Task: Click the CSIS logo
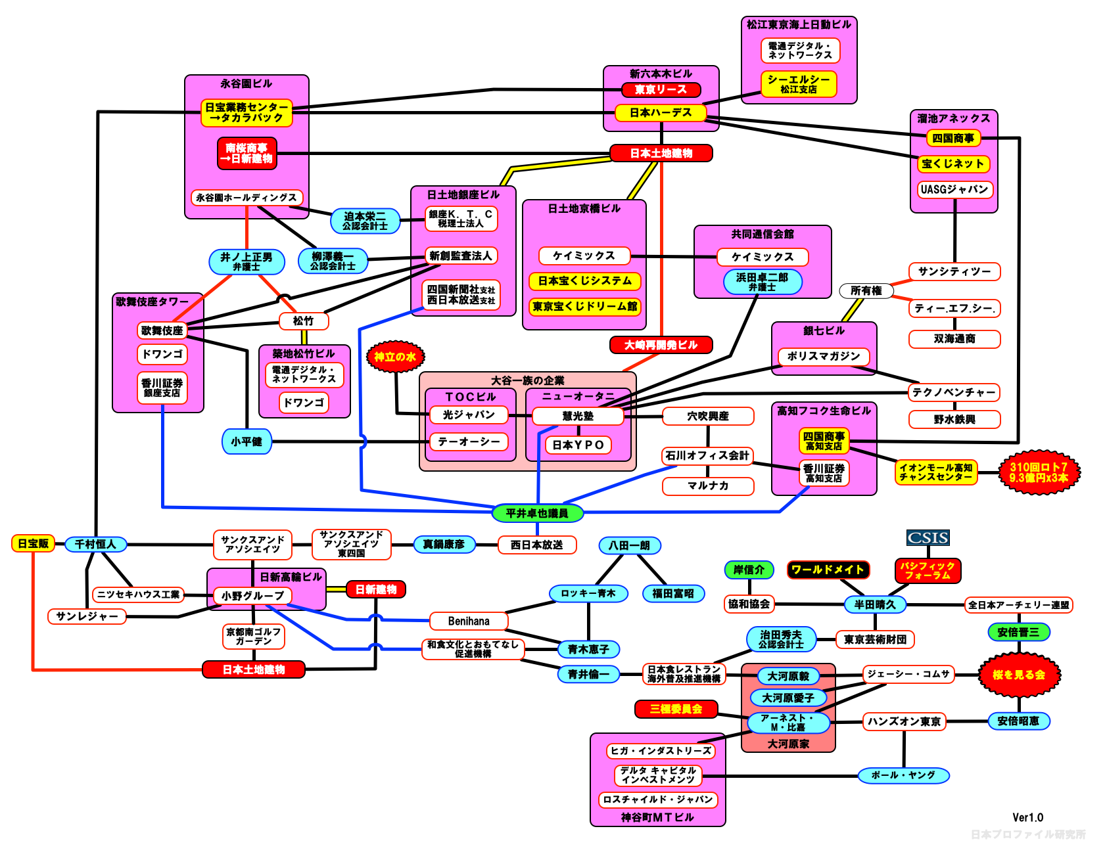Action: tap(928, 538)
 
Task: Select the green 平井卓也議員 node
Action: tap(537, 513)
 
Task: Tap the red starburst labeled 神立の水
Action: tap(395, 357)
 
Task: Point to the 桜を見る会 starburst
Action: tap(1018, 675)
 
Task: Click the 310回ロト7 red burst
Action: tap(1039, 472)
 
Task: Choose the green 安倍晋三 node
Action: tap(1018, 632)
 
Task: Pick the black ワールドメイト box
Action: tap(828, 570)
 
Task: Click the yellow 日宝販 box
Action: tap(33, 543)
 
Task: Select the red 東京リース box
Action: tap(661, 89)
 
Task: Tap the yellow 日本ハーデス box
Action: tap(661, 112)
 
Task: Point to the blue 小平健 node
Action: tap(247, 441)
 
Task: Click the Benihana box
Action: tap(469, 621)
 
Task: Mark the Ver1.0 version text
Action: tap(1027, 817)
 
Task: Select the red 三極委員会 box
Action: tap(676, 709)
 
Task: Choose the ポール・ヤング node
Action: tap(903, 775)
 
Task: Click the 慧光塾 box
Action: tap(578, 416)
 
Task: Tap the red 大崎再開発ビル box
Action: tap(661, 345)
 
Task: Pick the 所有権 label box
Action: tap(866, 290)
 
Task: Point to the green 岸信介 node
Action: tap(749, 570)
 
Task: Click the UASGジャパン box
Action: tap(954, 189)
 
